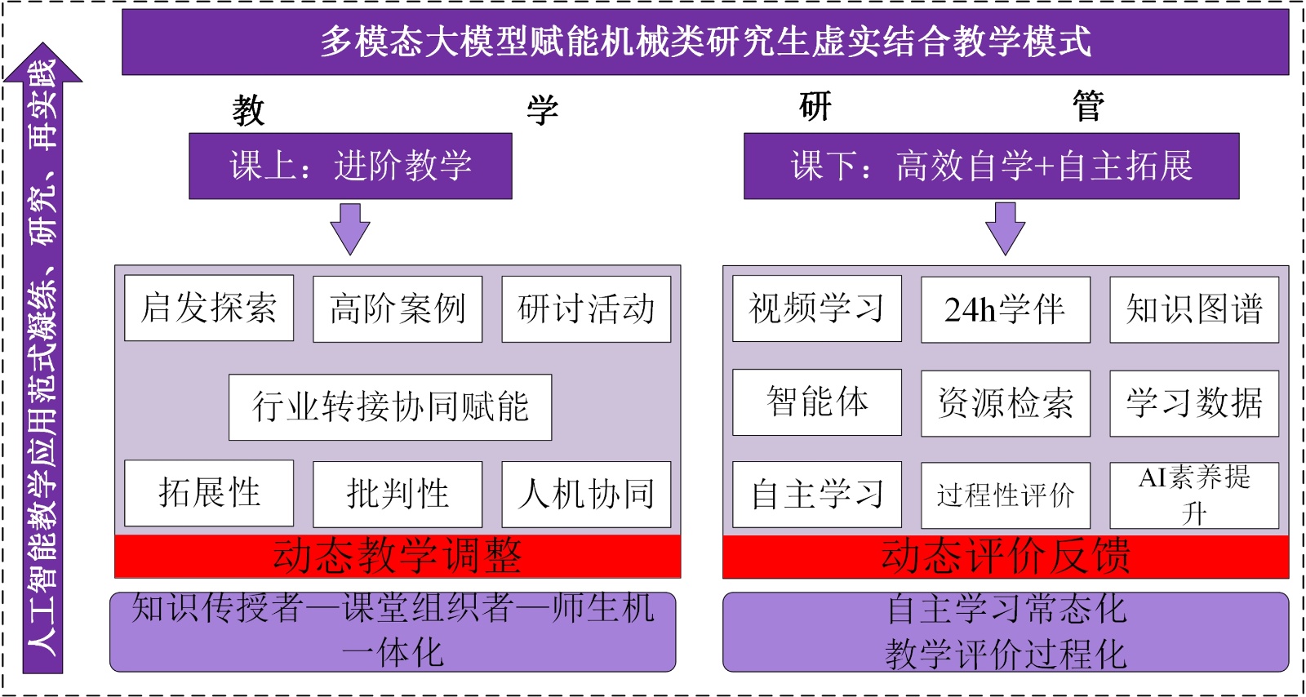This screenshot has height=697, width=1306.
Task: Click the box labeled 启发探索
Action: click(x=209, y=309)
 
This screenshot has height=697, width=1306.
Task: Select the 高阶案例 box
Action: click(x=398, y=309)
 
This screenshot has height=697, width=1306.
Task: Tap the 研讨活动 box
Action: click(x=586, y=309)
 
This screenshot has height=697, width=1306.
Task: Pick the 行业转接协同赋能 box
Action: click(x=390, y=406)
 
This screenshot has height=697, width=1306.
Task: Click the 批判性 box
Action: click(x=398, y=494)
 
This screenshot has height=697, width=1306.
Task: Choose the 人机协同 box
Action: click(x=586, y=494)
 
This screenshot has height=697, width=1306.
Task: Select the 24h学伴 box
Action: click(x=1005, y=309)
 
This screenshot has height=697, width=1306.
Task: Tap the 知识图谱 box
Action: click(x=1194, y=309)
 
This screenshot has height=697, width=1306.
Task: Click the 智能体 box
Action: click(x=817, y=402)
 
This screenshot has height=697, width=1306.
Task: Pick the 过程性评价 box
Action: click(x=1005, y=495)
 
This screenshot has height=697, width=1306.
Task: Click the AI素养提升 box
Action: click(x=1194, y=495)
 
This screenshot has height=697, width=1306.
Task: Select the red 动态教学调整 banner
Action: click(x=398, y=556)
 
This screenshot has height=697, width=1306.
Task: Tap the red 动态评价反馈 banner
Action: click(x=1005, y=557)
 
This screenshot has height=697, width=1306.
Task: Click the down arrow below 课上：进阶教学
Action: click(x=350, y=229)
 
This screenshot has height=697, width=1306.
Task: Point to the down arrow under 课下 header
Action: click(x=1005, y=229)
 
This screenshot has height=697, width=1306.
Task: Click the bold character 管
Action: click(x=1088, y=107)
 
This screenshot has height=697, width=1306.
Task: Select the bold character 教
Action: click(x=248, y=110)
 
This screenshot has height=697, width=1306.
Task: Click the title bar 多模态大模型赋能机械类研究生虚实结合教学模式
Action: click(x=704, y=42)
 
